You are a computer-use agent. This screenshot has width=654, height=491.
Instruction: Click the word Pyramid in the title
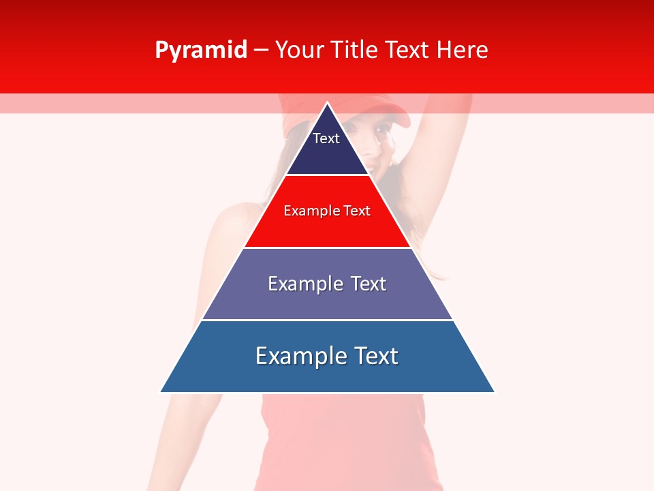200,50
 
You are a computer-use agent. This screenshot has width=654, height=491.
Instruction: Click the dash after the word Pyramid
261,50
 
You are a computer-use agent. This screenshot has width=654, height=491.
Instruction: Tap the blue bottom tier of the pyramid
327,375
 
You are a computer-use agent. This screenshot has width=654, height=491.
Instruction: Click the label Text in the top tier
326,138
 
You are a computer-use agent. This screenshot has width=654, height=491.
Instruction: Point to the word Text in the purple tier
369,284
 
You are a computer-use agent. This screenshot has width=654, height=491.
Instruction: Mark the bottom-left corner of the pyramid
161,392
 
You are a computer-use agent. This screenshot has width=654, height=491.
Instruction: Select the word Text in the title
408,50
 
